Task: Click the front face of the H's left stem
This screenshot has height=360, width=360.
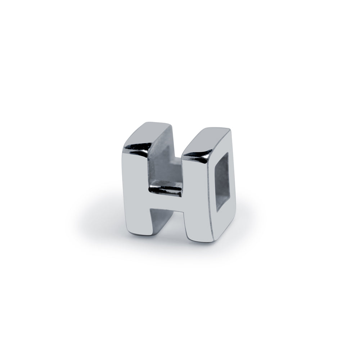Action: (x=136, y=193)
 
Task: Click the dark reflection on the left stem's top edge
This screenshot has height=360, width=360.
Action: (x=138, y=148)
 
